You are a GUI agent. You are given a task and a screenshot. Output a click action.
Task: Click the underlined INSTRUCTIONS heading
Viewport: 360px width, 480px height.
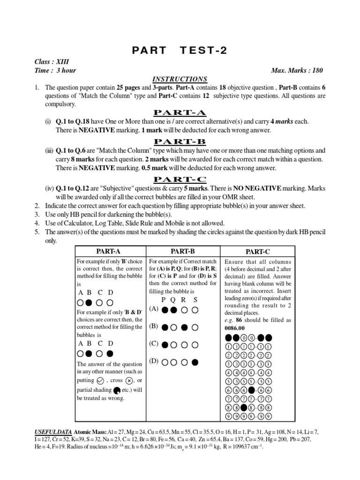pyautogui.click(x=180, y=79)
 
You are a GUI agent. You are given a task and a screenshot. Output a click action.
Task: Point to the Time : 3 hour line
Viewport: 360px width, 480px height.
pyautogui.click(x=55, y=70)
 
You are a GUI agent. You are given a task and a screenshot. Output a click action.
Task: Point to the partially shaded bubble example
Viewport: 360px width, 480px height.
pyautogui.click(x=116, y=390)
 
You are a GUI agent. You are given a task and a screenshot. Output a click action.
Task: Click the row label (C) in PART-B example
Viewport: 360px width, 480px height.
pyautogui.click(x=154, y=344)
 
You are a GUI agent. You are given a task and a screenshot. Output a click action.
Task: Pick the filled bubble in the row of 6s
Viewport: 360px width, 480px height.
pyautogui.click(x=252, y=390)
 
